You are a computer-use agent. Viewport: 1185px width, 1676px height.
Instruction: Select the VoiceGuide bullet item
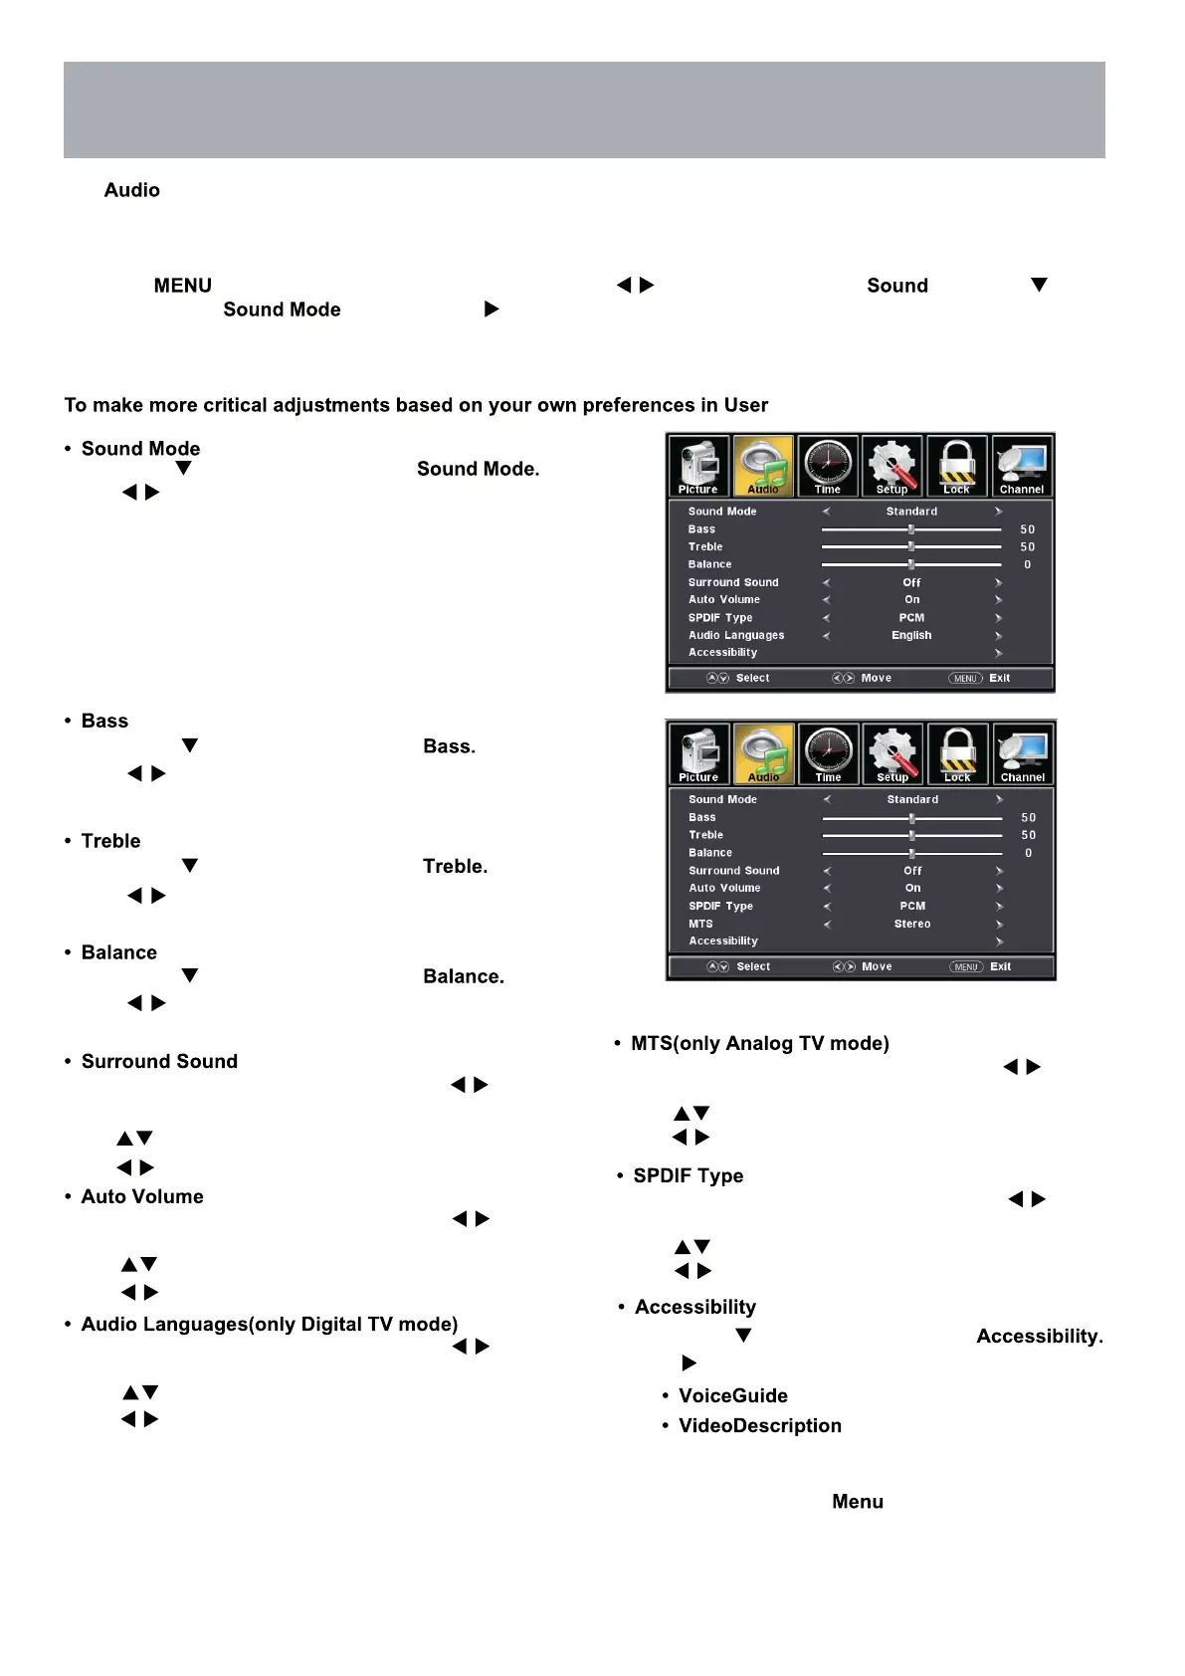click(x=732, y=1395)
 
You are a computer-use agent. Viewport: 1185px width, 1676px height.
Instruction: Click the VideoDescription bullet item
click(x=759, y=1425)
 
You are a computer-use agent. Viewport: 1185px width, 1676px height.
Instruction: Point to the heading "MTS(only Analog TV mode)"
click(x=759, y=1043)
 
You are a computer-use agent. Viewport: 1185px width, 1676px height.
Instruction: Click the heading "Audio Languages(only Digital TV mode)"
click(x=270, y=1324)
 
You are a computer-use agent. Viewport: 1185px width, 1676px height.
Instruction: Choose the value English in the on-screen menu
click(x=911, y=635)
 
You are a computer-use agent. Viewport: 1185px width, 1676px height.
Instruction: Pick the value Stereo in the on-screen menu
click(x=912, y=924)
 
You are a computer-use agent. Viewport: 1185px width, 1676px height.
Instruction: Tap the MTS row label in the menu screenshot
click(x=700, y=924)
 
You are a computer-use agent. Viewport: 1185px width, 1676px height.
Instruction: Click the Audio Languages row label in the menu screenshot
click(x=736, y=635)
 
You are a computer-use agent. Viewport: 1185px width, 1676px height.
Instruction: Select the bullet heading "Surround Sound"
click(x=159, y=1061)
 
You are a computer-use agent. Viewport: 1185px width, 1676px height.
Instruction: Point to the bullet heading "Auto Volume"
click(x=142, y=1196)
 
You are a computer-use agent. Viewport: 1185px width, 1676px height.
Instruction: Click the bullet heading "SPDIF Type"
click(x=688, y=1175)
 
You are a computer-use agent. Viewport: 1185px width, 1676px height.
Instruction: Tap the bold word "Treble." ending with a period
click(x=455, y=866)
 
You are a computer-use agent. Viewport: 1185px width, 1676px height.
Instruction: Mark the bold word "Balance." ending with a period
click(x=464, y=976)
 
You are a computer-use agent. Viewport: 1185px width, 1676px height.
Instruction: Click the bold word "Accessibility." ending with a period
click(x=1040, y=1336)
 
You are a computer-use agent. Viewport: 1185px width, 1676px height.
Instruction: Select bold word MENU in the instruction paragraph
click(x=182, y=286)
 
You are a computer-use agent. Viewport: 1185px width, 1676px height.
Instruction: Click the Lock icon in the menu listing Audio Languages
click(x=956, y=465)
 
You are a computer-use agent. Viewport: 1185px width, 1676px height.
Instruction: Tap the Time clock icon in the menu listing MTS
click(x=829, y=753)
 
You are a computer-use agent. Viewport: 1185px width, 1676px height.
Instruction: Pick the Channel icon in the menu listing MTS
click(x=1023, y=753)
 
